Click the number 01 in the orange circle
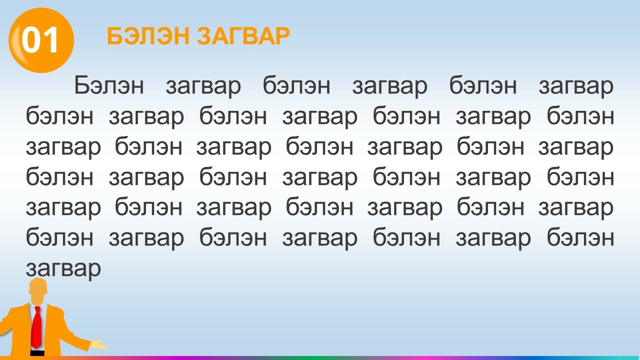coord(40,40)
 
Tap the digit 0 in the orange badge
coord(31,40)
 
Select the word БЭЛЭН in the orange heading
coord(148,36)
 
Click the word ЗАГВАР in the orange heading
coord(243,36)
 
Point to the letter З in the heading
coord(205,36)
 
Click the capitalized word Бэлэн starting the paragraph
coord(109,85)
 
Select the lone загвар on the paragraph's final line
coord(63,269)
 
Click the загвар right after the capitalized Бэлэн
coord(203,87)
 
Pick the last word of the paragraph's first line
coord(576,87)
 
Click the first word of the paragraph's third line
coord(63,147)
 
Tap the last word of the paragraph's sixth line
coord(580,237)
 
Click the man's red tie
coord(36,327)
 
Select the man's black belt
coord(37,353)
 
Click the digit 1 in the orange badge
coord(51,40)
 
